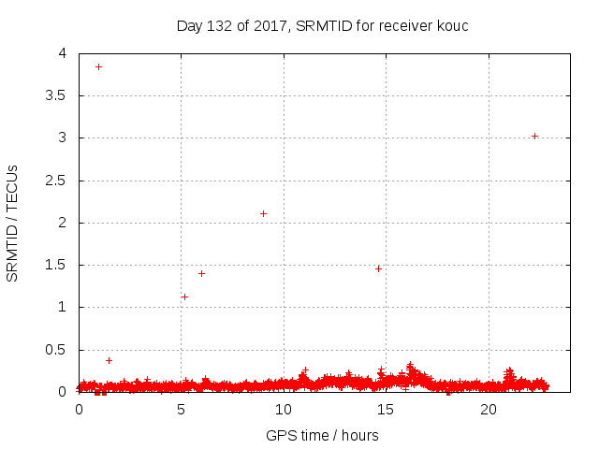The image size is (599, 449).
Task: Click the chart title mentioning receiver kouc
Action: click(x=322, y=25)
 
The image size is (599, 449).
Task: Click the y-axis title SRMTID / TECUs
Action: click(x=13, y=223)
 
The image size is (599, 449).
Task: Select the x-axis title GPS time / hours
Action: click(x=322, y=435)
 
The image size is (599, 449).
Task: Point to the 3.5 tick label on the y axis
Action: click(x=57, y=95)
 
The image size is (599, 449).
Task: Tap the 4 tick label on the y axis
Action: click(x=63, y=53)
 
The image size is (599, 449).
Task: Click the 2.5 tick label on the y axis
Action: click(x=57, y=181)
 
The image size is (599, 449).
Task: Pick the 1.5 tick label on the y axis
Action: click(x=57, y=265)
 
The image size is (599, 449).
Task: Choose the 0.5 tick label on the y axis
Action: click(x=57, y=350)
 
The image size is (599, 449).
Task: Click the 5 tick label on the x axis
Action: click(x=182, y=410)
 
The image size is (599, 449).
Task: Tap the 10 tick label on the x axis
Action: click(x=284, y=410)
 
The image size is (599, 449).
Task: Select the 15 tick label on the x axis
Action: click(x=387, y=410)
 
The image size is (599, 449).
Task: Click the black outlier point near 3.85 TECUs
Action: click(x=98, y=66)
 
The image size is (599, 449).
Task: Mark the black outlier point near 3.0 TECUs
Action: click(x=534, y=136)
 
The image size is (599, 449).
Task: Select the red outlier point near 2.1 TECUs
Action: click(x=263, y=213)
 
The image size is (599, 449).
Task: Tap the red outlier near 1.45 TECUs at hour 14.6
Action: click(x=378, y=268)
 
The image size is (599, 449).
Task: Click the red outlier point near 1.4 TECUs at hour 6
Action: click(x=201, y=273)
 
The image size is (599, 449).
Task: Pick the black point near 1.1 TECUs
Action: click(x=184, y=297)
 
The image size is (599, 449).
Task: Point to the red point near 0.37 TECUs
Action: click(x=109, y=360)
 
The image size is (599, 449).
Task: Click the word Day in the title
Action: click(x=189, y=25)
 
